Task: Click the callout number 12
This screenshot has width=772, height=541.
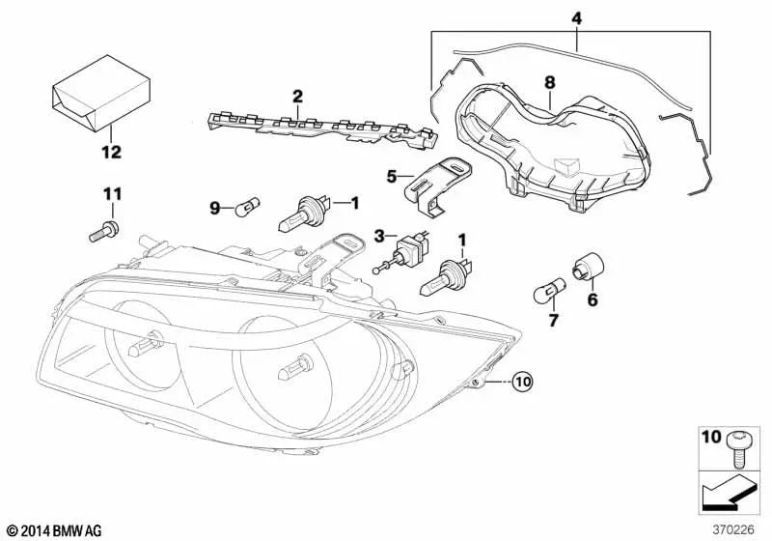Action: pyautogui.click(x=111, y=152)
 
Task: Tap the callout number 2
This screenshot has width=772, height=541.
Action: pyautogui.click(x=298, y=96)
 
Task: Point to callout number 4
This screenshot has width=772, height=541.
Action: pyautogui.click(x=576, y=17)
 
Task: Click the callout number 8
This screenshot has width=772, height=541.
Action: pyautogui.click(x=549, y=83)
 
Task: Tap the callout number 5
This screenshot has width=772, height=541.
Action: pyautogui.click(x=391, y=176)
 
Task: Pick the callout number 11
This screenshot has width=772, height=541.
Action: pyautogui.click(x=112, y=195)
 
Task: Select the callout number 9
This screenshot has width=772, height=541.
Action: pyautogui.click(x=217, y=207)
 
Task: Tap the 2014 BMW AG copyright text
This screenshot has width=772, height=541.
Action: pyautogui.click(x=52, y=530)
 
